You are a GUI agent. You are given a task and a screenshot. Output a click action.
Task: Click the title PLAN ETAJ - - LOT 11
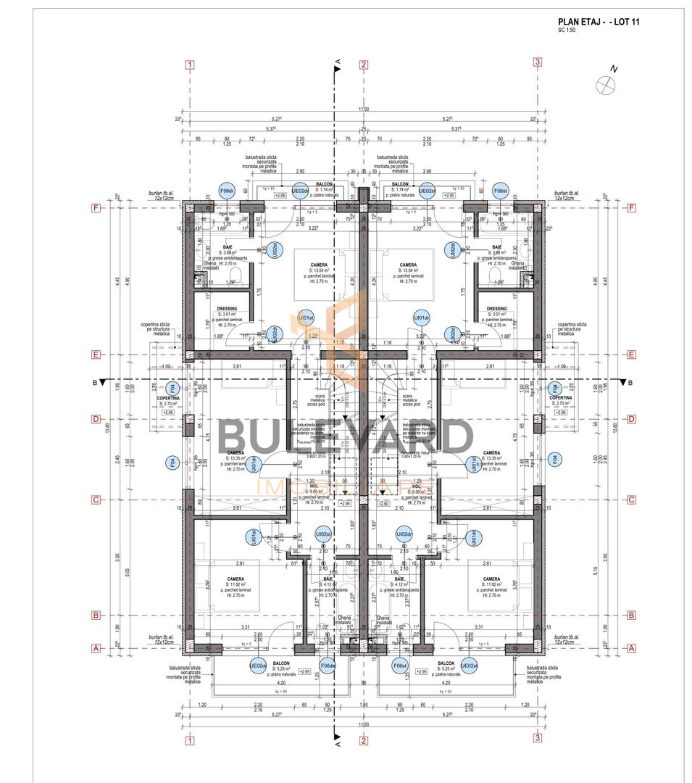(x=599, y=22)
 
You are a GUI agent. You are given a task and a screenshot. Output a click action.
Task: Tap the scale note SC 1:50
(x=566, y=30)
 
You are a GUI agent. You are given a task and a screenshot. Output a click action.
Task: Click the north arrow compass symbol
(x=604, y=84)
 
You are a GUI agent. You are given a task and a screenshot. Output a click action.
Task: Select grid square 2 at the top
(x=363, y=64)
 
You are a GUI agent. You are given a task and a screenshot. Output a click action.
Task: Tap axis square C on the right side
(x=630, y=500)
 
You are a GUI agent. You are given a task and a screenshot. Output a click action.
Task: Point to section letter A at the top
(x=338, y=62)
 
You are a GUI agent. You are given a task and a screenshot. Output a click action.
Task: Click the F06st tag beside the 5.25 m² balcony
(x=399, y=666)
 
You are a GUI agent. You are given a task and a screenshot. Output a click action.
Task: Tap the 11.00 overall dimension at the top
(x=363, y=109)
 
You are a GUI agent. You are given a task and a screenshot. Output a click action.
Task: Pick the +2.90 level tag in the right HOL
(x=383, y=503)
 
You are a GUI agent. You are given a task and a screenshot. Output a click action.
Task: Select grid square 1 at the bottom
(x=189, y=740)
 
